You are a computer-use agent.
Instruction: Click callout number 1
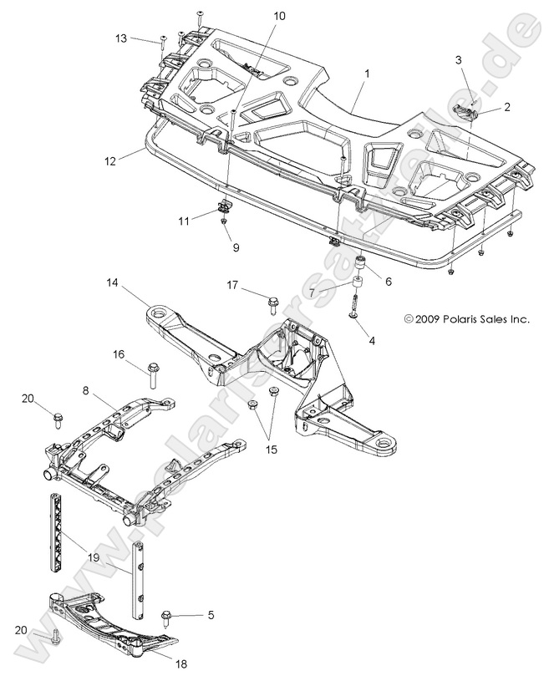point(366,74)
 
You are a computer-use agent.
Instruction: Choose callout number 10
point(278,16)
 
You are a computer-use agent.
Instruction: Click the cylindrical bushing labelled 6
point(362,267)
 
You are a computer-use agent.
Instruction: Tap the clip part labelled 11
point(223,206)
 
